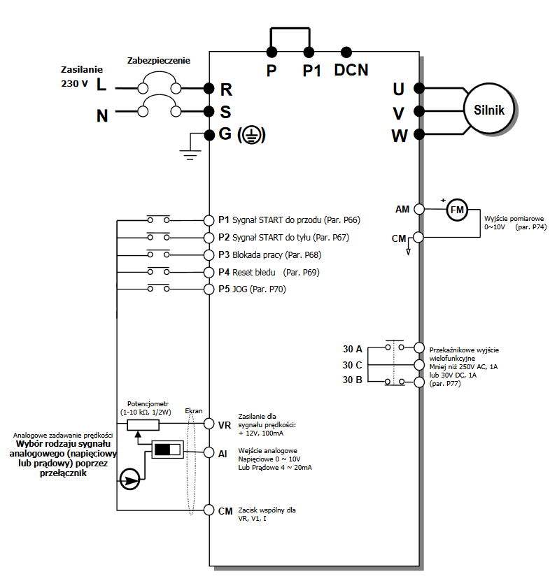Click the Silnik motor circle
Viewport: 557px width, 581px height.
(x=490, y=110)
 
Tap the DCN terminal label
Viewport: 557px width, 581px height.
(x=351, y=70)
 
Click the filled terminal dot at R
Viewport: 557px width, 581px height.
(x=209, y=88)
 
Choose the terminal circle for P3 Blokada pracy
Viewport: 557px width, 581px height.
(x=209, y=254)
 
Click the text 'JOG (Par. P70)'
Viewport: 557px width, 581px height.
(x=259, y=289)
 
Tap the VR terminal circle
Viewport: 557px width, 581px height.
(x=209, y=424)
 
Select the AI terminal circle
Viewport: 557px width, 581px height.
(x=209, y=453)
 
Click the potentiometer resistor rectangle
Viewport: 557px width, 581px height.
(x=143, y=424)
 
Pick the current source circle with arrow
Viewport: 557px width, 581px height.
(x=129, y=480)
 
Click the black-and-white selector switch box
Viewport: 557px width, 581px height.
(x=167, y=449)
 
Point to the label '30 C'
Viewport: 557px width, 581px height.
(x=352, y=365)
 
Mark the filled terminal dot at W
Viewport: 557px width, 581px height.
(x=418, y=134)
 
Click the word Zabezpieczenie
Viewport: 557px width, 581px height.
(x=159, y=62)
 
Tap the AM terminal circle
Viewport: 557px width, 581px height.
(x=419, y=209)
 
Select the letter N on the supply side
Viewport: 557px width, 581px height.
(x=102, y=116)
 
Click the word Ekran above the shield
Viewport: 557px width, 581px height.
(x=194, y=411)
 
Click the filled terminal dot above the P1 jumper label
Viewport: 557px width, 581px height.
(x=309, y=52)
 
